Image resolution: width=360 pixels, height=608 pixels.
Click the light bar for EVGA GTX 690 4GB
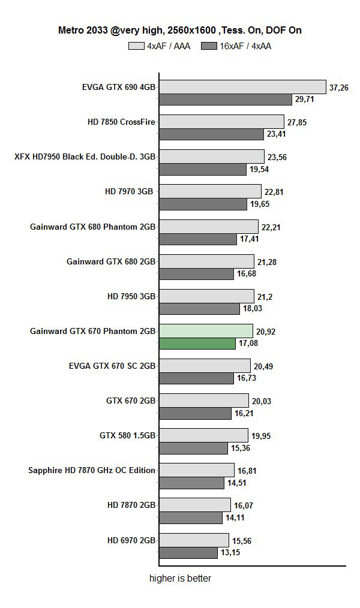click(x=242, y=87)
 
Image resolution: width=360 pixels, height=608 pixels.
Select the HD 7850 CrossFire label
click(x=121, y=122)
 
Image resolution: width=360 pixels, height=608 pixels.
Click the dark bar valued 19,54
click(x=202, y=169)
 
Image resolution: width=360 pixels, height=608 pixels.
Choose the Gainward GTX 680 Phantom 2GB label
click(x=92, y=227)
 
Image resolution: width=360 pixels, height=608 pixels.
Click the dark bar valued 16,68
click(x=196, y=273)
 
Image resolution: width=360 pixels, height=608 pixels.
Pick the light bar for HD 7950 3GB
click(x=206, y=296)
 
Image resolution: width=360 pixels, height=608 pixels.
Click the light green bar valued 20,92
click(x=206, y=330)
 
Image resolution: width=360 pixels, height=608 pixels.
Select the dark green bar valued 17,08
click(x=197, y=344)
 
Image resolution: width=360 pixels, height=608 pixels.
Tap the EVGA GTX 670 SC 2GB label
click(x=112, y=366)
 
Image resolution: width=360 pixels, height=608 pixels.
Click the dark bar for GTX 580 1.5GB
click(x=194, y=448)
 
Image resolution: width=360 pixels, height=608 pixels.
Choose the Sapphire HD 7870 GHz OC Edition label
click(x=92, y=470)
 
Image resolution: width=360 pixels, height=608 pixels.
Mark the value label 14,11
click(x=236, y=517)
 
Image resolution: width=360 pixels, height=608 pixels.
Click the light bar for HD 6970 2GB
click(x=194, y=540)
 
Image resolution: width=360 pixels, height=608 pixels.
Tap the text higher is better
click(x=180, y=579)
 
